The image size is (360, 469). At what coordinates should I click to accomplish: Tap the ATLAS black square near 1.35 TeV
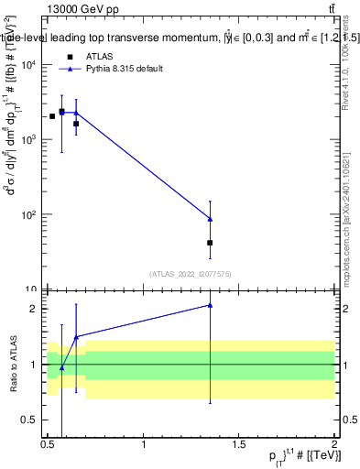(210, 243)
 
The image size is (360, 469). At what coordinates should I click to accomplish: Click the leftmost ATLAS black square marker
(52, 116)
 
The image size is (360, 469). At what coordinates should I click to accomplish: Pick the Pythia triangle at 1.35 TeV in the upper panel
(210, 219)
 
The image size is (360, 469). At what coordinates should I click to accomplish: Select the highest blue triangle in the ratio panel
(210, 305)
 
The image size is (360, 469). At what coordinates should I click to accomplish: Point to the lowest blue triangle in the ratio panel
(61, 368)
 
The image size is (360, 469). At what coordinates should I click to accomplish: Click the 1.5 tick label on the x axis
(239, 444)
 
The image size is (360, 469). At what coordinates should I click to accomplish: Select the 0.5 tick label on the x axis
(48, 444)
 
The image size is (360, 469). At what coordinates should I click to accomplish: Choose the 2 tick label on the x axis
(334, 444)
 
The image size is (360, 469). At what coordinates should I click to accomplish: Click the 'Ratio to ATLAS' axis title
(13, 364)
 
